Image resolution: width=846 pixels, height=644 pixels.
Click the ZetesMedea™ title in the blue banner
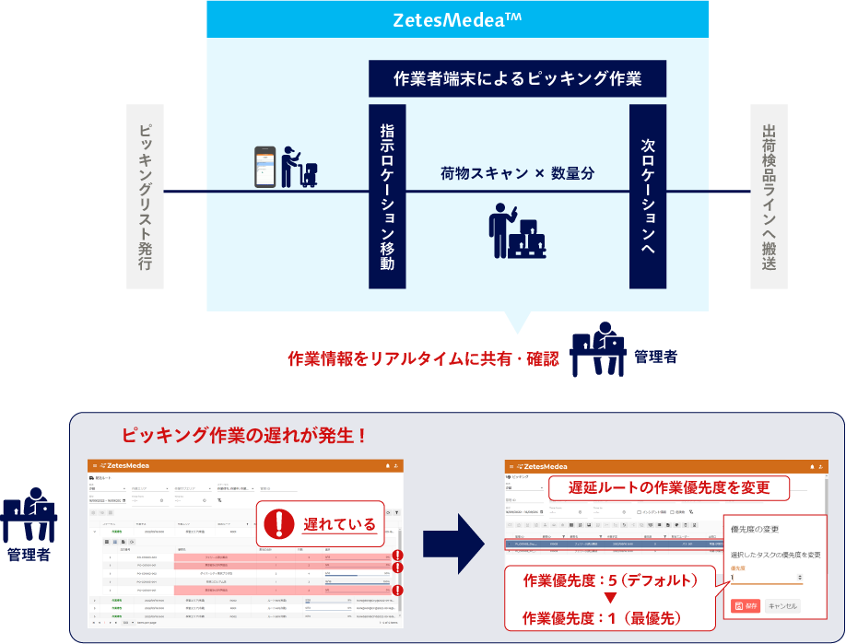click(457, 19)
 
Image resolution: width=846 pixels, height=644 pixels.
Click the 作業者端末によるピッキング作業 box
click(517, 78)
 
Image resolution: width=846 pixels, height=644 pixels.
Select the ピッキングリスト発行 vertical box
click(145, 196)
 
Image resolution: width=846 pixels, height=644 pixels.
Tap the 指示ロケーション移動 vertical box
click(387, 196)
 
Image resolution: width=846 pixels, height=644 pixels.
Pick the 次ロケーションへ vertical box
click(648, 196)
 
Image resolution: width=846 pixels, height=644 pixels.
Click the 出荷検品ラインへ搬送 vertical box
click(769, 196)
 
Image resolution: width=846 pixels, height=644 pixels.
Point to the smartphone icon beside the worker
click(266, 167)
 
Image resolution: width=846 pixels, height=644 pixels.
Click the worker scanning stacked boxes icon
click(515, 229)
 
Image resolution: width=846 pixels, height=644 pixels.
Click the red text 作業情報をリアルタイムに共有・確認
click(423, 358)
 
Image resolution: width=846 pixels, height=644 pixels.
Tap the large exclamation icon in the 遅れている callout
click(278, 523)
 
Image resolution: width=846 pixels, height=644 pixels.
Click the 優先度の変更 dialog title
click(756, 530)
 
